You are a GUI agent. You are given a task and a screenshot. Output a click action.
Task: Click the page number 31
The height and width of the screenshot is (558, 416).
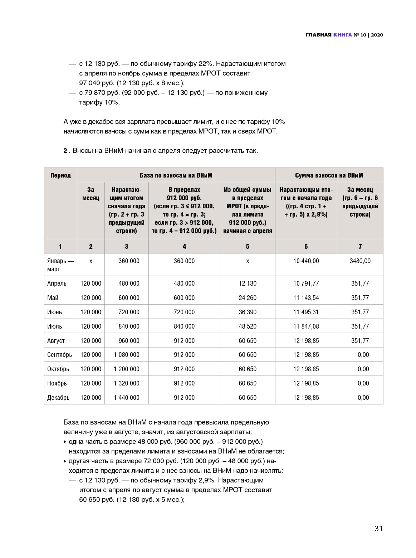point(378,529)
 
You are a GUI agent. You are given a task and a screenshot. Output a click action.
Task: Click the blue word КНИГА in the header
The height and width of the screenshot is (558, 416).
point(342,35)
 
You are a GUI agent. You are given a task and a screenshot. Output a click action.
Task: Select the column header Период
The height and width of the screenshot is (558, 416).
point(60,175)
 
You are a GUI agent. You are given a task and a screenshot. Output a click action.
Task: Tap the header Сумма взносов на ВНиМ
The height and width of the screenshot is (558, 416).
point(329,175)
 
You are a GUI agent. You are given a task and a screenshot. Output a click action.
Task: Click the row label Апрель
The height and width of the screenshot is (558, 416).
point(57,283)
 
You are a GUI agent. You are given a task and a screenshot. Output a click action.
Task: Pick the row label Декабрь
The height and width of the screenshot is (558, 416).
point(58,398)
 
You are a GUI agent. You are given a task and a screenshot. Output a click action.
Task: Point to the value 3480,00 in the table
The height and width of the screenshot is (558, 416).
point(360,261)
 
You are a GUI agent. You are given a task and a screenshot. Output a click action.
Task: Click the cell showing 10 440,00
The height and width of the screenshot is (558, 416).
point(306,261)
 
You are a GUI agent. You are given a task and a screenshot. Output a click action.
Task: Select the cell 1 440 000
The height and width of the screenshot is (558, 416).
point(126,398)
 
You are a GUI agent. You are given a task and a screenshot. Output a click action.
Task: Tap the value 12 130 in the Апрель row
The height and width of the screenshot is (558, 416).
point(248,283)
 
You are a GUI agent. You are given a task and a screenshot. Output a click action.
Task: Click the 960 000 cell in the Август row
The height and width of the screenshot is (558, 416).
point(129,341)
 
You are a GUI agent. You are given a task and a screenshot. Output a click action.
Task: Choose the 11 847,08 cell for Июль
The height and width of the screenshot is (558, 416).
point(306,326)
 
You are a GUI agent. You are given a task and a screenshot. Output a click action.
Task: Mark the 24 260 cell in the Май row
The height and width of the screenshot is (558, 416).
point(248,298)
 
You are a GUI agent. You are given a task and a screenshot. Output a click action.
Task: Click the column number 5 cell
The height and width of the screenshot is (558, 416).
point(248,247)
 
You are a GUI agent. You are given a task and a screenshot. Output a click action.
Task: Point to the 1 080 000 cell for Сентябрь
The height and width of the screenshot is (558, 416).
point(126,355)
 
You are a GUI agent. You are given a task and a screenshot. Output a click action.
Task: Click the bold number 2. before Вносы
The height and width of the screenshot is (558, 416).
point(67,151)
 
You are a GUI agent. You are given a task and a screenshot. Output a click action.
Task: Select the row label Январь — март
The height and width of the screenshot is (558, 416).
point(60,265)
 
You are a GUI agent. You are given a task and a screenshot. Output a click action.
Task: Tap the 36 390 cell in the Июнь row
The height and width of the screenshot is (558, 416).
point(248,312)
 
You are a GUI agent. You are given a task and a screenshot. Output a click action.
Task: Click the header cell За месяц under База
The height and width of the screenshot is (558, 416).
point(91,194)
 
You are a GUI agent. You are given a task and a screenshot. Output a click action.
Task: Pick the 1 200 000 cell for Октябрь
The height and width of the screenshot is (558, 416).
point(126,369)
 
